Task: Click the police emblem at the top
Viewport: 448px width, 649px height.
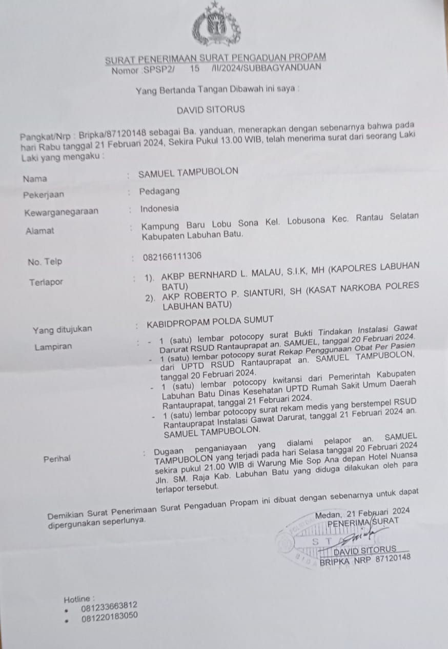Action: pos(216,26)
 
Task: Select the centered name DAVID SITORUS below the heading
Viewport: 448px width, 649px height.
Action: pos(211,109)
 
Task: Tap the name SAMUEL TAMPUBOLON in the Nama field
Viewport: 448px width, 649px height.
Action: pos(188,172)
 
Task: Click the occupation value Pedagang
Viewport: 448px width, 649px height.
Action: pos(159,191)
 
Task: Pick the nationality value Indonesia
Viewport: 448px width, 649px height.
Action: pos(159,208)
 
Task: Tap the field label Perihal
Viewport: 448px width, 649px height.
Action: pos(57,459)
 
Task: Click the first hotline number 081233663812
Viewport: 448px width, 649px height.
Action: pos(109,606)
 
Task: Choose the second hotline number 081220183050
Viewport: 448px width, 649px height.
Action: pos(109,616)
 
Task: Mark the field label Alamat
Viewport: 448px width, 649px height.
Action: pos(39,231)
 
